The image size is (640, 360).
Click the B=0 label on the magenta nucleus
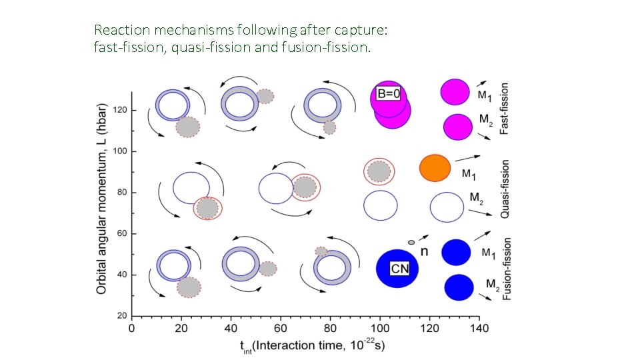pyautogui.click(x=389, y=94)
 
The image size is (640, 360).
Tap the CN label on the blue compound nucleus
pyautogui.click(x=399, y=269)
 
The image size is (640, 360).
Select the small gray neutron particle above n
pyautogui.click(x=411, y=242)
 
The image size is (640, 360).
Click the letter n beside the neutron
pyautogui.click(x=424, y=251)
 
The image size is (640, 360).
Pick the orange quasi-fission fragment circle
pyautogui.click(x=435, y=167)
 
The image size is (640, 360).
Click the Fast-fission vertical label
pyautogui.click(x=505, y=109)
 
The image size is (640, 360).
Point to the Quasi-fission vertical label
pyautogui.click(x=505, y=189)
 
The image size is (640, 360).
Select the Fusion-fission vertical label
pyautogui.click(x=507, y=269)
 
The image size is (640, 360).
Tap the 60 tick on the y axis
pyautogui.click(x=123, y=234)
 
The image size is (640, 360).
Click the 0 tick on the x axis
pyautogui.click(x=132, y=328)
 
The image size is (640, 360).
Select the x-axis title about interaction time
pyautogui.click(x=313, y=345)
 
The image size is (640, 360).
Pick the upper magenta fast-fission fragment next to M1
pyautogui.click(x=456, y=92)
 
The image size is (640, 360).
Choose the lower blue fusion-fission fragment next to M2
pyautogui.click(x=459, y=287)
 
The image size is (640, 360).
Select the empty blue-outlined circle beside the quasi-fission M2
pyautogui.click(x=447, y=207)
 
